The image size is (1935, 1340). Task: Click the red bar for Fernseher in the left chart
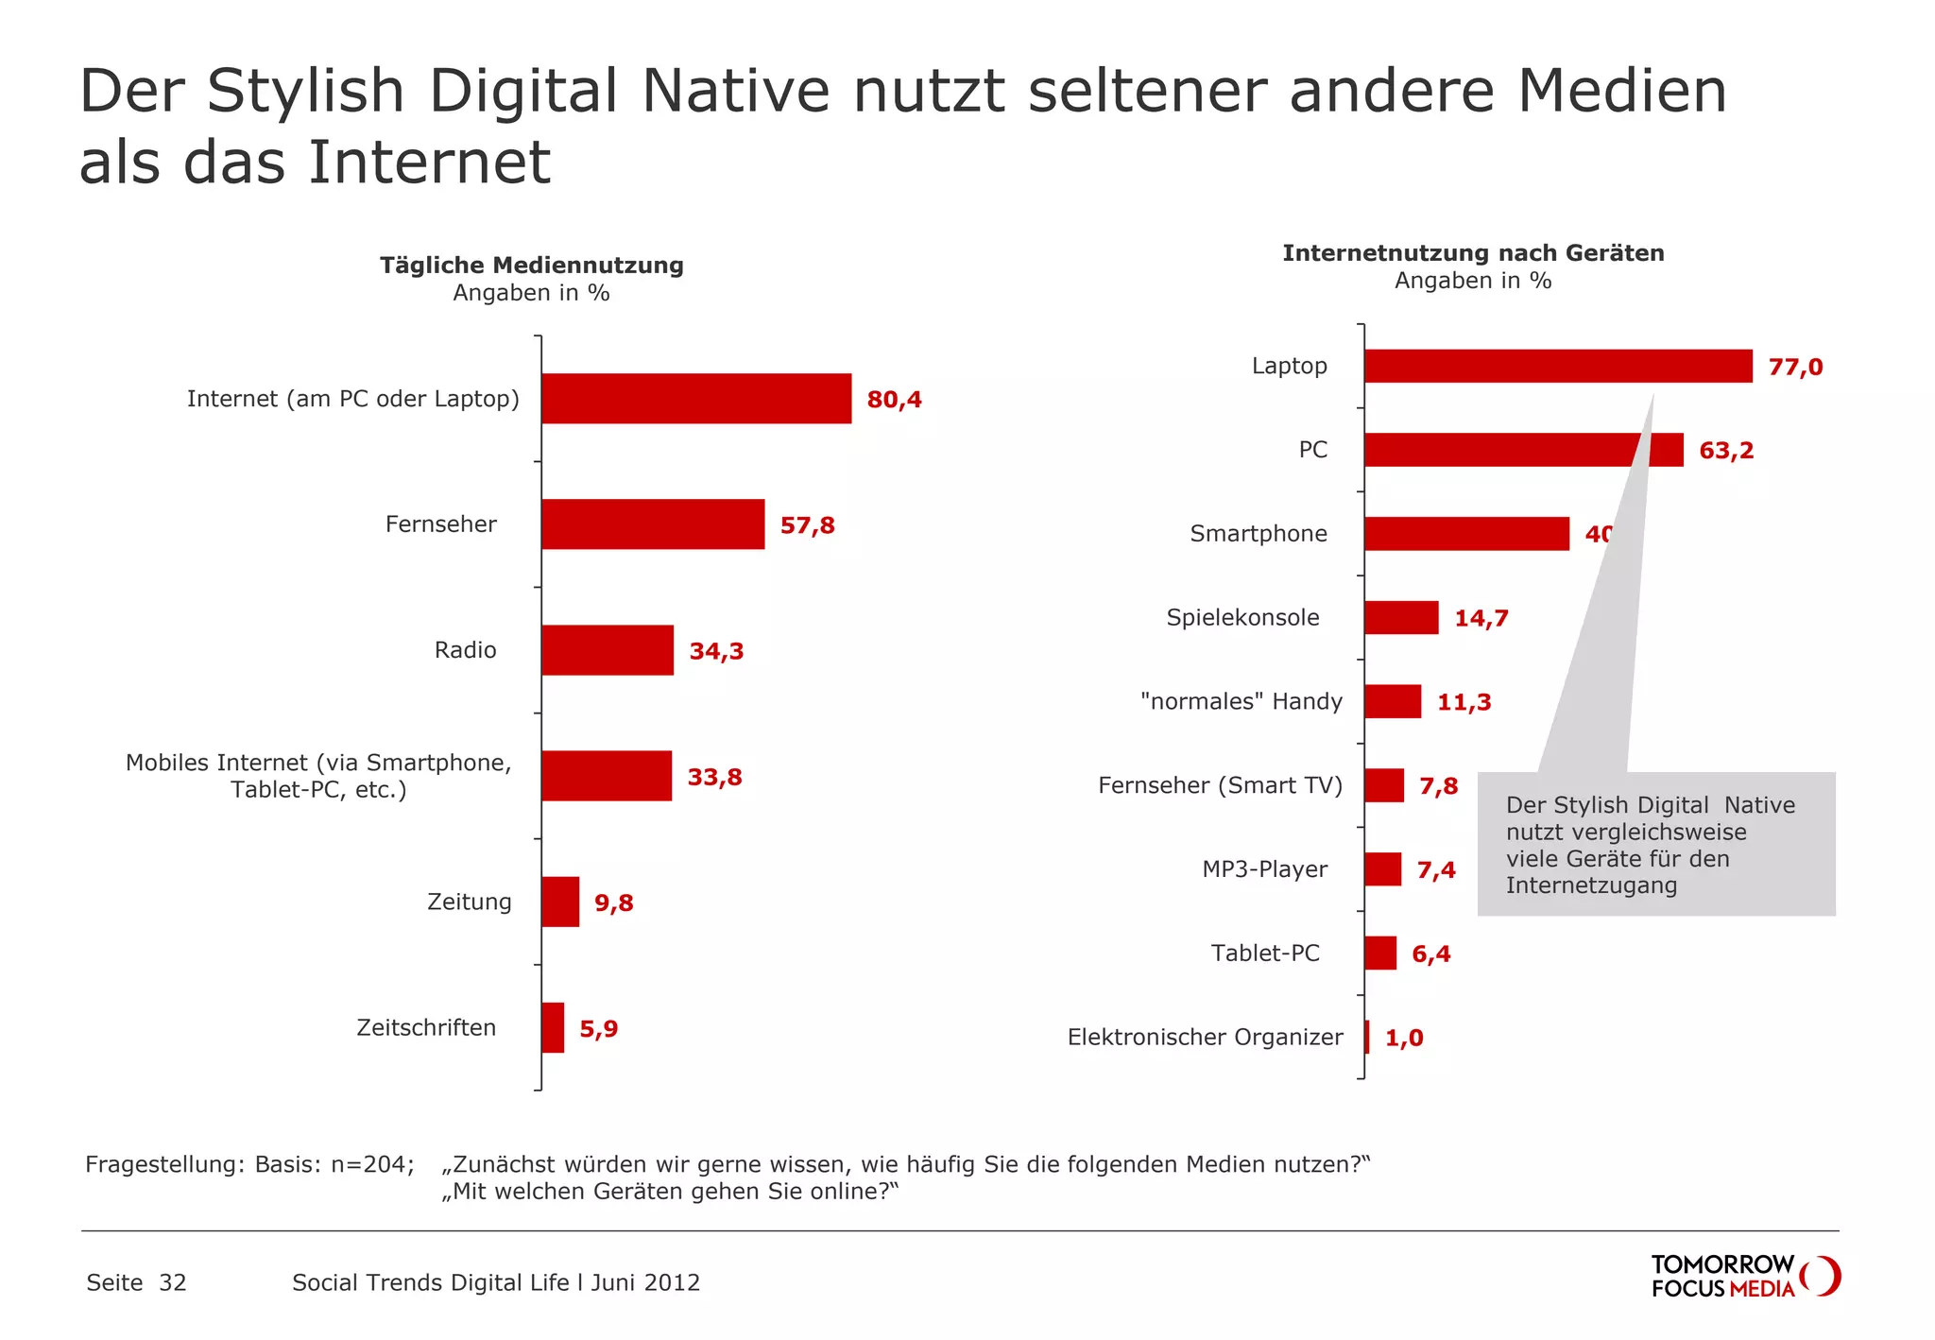pyautogui.click(x=653, y=524)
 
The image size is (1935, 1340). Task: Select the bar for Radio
pyautogui.click(x=608, y=650)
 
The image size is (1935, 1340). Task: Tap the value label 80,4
pyautogui.click(x=894, y=400)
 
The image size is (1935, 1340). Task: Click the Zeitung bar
pyautogui.click(x=560, y=902)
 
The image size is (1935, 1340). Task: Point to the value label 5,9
pyautogui.click(x=598, y=1029)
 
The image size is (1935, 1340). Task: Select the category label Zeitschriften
pyautogui.click(x=426, y=1028)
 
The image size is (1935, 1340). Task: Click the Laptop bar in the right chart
pyautogui.click(x=1557, y=367)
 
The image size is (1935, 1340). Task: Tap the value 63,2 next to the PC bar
pyautogui.click(x=1725, y=451)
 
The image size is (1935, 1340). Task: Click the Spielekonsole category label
pyautogui.click(x=1242, y=618)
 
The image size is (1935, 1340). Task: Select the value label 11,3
pyautogui.click(x=1464, y=702)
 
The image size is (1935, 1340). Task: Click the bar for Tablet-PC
pyautogui.click(x=1380, y=953)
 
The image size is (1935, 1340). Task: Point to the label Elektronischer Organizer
pyautogui.click(x=1205, y=1038)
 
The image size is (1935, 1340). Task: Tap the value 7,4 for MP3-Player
pyautogui.click(x=1435, y=870)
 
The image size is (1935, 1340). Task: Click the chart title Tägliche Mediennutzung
pyautogui.click(x=532, y=266)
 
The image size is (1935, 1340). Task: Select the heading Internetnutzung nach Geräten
pyautogui.click(x=1473, y=253)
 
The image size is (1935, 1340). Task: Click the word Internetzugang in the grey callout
pyautogui.click(x=1591, y=886)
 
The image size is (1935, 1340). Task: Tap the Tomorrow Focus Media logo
pyautogui.click(x=1744, y=1277)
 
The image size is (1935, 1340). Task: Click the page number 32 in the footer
pyautogui.click(x=173, y=1283)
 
